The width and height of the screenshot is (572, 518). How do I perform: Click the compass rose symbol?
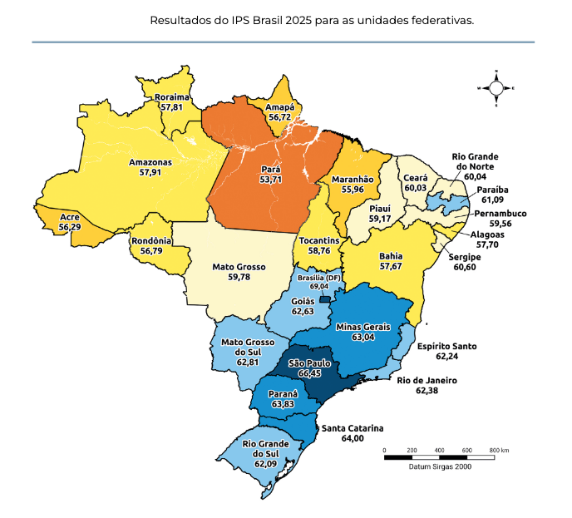496,87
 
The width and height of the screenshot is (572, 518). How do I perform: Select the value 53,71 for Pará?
271,179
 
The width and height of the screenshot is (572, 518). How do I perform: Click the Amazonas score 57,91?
150,172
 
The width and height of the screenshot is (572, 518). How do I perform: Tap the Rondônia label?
151,241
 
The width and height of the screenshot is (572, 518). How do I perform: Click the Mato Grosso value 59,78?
239,278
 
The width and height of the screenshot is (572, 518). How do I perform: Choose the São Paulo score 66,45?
309,374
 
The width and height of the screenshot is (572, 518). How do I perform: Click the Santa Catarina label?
353,427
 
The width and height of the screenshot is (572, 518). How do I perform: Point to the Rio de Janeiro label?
427,380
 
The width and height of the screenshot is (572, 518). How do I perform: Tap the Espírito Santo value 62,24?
446,356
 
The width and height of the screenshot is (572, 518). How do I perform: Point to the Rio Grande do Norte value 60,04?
476,176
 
